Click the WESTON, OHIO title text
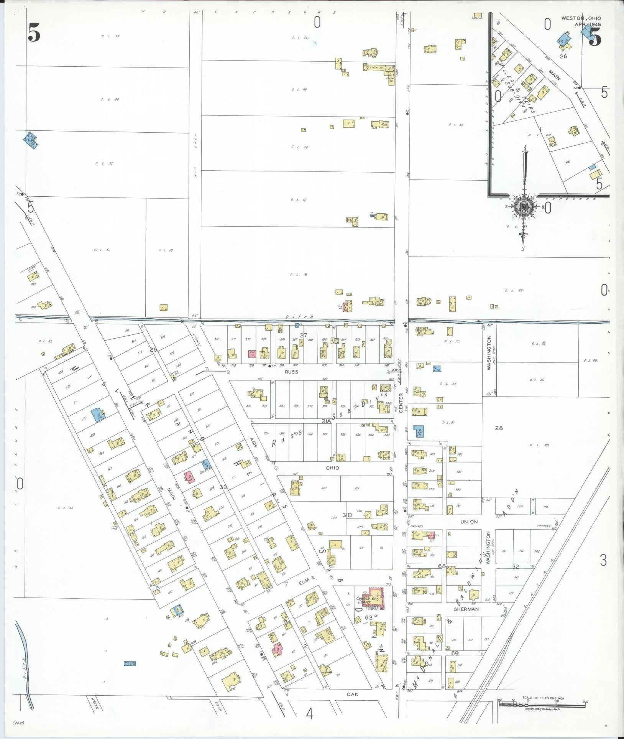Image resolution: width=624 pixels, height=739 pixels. coord(581,18)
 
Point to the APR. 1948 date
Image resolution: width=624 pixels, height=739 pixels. coord(588,25)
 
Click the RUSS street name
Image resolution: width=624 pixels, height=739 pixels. coord(292,372)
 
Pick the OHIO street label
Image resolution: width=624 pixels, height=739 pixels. coord(332,468)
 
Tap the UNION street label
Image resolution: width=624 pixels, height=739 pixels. coord(469,522)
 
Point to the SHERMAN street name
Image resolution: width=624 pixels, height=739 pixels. coord(466,609)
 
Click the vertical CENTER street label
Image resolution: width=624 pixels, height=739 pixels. coord(401,403)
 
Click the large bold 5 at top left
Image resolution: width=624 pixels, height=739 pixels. coord(34,35)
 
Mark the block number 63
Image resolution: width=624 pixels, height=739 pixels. coord(369,617)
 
